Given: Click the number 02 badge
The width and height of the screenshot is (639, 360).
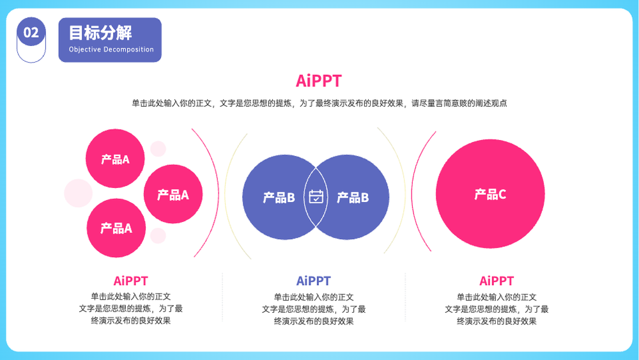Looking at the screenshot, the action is pyautogui.click(x=31, y=32).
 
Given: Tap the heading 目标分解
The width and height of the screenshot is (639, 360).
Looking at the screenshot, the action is pyautogui.click(x=100, y=33).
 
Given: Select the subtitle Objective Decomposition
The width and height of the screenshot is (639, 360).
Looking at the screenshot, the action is pyautogui.click(x=111, y=49).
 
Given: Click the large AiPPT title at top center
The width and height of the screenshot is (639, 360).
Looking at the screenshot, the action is pyautogui.click(x=319, y=81).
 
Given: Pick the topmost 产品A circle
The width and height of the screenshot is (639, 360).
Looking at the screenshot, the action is pyautogui.click(x=115, y=159).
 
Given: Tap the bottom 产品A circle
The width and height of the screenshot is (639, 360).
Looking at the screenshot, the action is pyautogui.click(x=116, y=228).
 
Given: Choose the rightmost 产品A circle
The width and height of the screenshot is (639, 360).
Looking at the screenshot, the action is pyautogui.click(x=173, y=194).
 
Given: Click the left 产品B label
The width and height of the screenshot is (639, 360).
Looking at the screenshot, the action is pyautogui.click(x=279, y=198).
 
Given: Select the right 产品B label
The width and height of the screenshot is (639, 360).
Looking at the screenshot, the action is pyautogui.click(x=353, y=198).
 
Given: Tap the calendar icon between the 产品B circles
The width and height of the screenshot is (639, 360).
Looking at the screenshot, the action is pyautogui.click(x=316, y=196).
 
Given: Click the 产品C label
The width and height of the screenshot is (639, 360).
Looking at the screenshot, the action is pyautogui.click(x=490, y=194).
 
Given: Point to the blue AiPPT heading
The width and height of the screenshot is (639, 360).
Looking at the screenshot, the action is pyautogui.click(x=313, y=281).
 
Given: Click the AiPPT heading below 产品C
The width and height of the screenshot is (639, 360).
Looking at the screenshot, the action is pyautogui.click(x=497, y=281).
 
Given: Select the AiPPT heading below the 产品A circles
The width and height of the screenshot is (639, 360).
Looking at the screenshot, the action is pyautogui.click(x=130, y=281).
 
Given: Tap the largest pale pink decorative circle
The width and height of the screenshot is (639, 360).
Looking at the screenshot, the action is pyautogui.click(x=78, y=193).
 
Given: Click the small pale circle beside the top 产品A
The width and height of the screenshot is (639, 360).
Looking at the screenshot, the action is pyautogui.click(x=158, y=149).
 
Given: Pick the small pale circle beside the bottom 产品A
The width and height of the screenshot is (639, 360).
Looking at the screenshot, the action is pyautogui.click(x=158, y=236).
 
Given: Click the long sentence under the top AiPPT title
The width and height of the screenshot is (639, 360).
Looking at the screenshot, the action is pyautogui.click(x=319, y=103).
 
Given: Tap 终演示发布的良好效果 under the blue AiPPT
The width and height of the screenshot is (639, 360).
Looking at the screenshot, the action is pyautogui.click(x=313, y=321).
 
